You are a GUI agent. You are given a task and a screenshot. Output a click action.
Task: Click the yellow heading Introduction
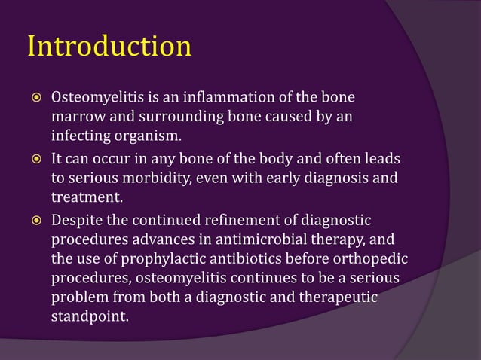click(x=109, y=46)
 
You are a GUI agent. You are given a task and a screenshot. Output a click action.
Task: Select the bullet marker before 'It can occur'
click(x=33, y=159)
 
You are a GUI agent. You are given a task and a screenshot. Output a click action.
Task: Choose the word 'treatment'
click(x=84, y=198)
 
